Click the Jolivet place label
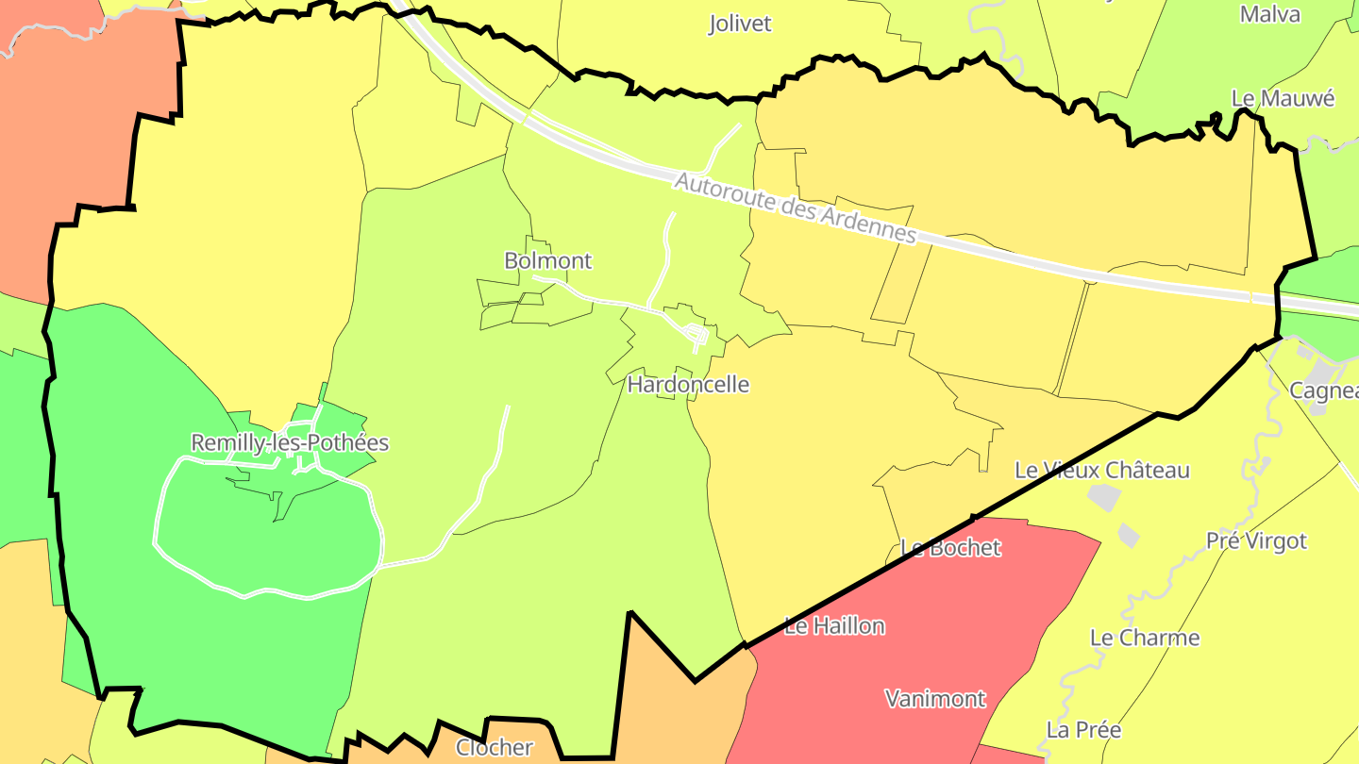[740, 24]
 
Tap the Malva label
[1269, 14]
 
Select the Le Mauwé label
[1283, 98]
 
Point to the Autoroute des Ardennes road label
[795, 208]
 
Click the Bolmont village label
[547, 260]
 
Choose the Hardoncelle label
[688, 384]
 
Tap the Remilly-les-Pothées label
[290, 442]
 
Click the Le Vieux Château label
[1101, 470]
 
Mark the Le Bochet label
[950, 547]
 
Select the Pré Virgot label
[1256, 540]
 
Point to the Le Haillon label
[834, 625]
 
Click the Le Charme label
[1144, 638]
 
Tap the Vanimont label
[934, 699]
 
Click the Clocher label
[495, 747]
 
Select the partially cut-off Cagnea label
[1323, 390]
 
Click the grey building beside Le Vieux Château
[1102, 496]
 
